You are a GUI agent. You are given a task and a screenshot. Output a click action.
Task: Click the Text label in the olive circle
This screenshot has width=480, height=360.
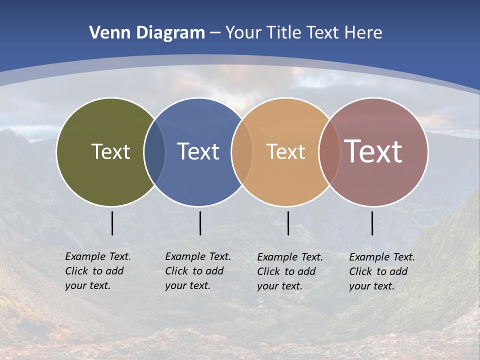110,151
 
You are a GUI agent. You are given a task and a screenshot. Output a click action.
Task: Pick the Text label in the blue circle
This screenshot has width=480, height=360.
198,151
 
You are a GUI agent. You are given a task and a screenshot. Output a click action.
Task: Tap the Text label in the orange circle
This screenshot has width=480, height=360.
285,151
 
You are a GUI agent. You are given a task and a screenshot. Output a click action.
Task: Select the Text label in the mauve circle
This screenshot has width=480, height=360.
373,151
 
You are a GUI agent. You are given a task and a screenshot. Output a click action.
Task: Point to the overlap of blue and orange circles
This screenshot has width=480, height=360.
242,151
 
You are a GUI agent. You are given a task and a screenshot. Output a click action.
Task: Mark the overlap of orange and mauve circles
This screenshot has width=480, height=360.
329,151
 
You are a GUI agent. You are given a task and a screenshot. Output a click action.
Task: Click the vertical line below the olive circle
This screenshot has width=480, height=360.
112,223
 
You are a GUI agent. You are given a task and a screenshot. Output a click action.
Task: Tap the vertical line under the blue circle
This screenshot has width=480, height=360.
200,223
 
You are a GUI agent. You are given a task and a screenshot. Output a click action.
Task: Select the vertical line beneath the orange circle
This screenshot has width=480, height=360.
288,223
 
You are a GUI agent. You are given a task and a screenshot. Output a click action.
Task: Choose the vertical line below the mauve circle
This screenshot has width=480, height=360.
372,223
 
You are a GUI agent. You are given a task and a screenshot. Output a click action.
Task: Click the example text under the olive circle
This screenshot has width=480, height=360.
97,271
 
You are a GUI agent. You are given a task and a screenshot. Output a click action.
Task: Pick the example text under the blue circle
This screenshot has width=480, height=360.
197,271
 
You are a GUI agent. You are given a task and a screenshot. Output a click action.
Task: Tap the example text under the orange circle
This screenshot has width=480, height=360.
289,271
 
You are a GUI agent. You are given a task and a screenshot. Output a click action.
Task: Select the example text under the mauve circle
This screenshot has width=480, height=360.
381,271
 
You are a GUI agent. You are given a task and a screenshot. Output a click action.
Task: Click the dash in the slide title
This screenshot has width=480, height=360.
215,33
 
